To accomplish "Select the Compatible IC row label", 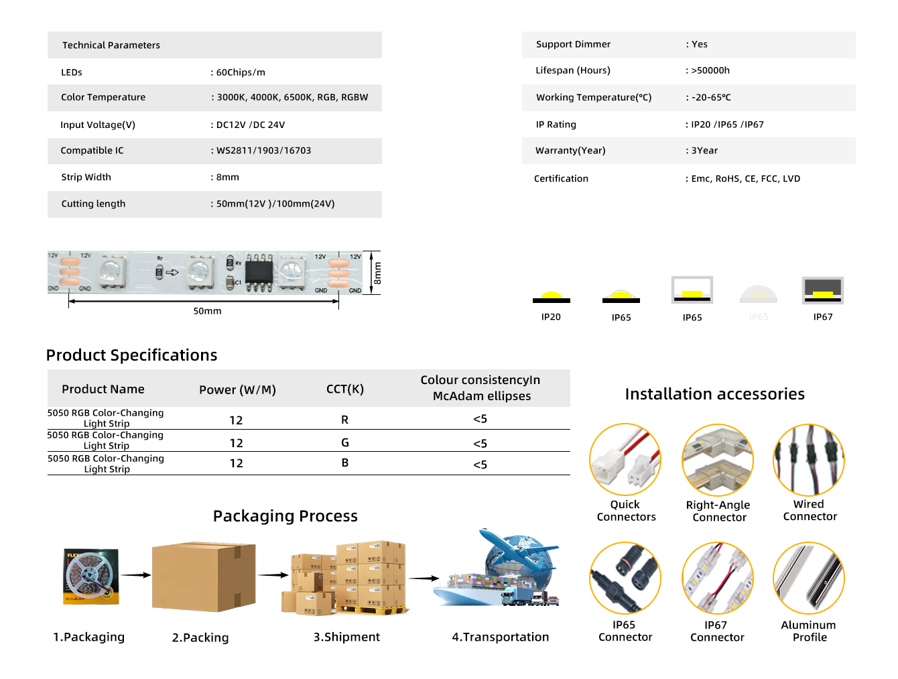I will (x=92, y=151).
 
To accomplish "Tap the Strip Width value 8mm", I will (x=227, y=178).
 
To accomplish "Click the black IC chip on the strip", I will (x=259, y=271).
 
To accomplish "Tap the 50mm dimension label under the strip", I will (x=207, y=311).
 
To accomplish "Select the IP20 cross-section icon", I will (x=551, y=297).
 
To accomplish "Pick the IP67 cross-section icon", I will (x=823, y=290).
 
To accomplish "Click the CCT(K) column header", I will (x=344, y=389).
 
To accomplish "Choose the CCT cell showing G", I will (x=344, y=442).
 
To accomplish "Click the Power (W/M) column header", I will (x=237, y=390).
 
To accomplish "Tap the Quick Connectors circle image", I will (x=625, y=460).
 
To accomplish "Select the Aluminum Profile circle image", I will (x=808, y=578).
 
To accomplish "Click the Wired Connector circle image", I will (x=808, y=460).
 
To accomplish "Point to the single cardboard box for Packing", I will (x=204, y=576).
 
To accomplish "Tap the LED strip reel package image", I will (x=91, y=576).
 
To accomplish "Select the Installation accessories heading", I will (x=714, y=394).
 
